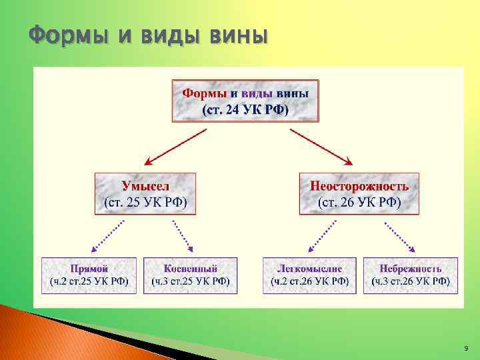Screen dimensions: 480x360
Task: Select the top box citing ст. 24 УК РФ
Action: coord(245,101)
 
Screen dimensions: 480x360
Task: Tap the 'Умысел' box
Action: coord(145,193)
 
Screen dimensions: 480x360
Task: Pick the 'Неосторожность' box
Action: coord(359,193)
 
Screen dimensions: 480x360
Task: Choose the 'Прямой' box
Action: coord(89,275)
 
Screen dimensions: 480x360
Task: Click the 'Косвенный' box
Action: coord(191,275)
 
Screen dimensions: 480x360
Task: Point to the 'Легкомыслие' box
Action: coord(309,275)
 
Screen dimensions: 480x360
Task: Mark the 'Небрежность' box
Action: coord(411,275)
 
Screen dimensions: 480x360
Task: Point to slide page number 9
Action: coord(465,348)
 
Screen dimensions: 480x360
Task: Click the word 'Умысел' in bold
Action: coord(145,185)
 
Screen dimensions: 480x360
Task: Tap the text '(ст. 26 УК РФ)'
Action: coord(359,202)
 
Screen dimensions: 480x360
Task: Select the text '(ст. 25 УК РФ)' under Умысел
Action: coord(145,202)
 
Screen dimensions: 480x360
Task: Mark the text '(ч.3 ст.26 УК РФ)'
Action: coord(411,281)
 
